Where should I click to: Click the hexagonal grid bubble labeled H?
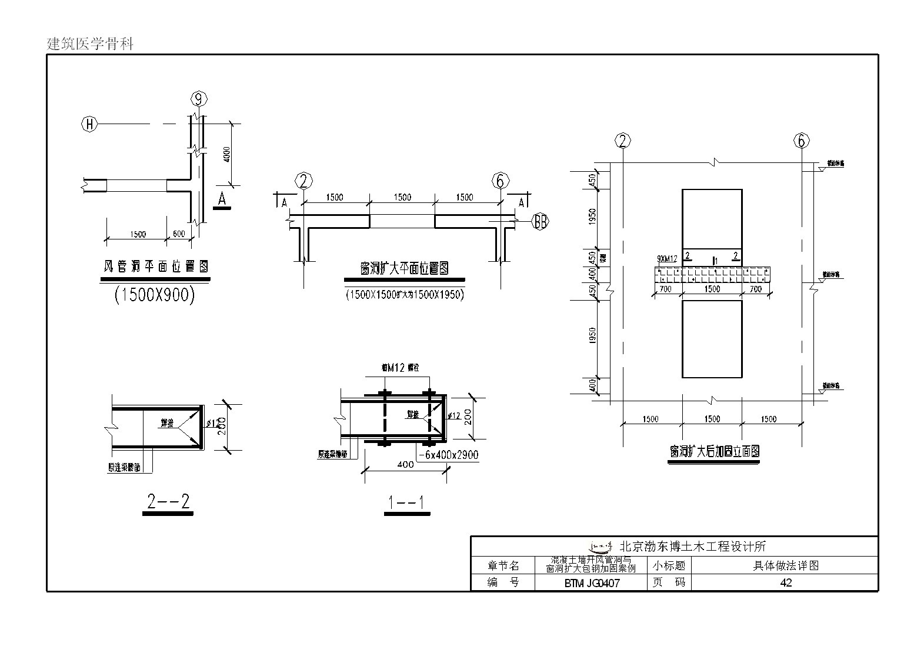[89, 124]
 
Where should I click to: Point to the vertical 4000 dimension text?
[227, 155]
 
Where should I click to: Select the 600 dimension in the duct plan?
[179, 234]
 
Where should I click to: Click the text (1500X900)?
[154, 294]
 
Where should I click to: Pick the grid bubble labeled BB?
[539, 222]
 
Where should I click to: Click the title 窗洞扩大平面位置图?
[404, 269]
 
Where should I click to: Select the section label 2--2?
[168, 502]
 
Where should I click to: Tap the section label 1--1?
[406, 503]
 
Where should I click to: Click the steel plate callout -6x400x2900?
[448, 455]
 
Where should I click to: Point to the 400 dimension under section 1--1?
[405, 464]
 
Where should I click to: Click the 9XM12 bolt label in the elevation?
[668, 258]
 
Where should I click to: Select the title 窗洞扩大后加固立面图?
[714, 452]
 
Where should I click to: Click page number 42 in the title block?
[785, 583]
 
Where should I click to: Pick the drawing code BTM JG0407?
[592, 584]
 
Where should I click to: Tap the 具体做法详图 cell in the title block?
[786, 566]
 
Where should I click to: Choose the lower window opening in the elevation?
[712, 339]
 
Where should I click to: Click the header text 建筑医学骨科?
[91, 44]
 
